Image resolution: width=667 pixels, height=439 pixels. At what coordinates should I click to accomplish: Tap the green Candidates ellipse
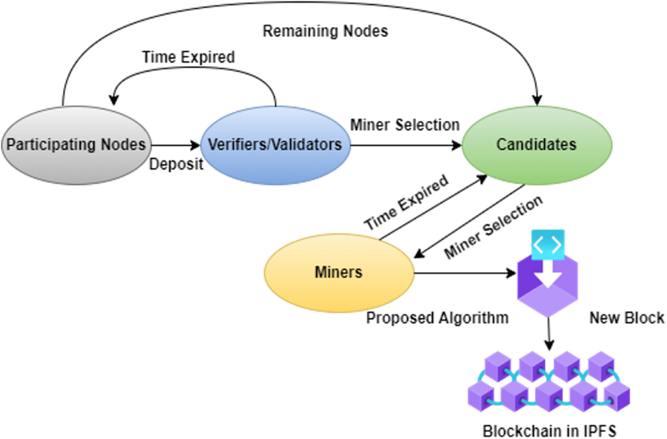point(536,145)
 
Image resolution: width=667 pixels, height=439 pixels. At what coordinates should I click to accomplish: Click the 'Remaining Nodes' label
point(325,31)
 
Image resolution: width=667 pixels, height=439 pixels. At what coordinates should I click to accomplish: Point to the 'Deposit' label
point(176,166)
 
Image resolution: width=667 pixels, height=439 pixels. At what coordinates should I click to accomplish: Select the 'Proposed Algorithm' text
point(437,318)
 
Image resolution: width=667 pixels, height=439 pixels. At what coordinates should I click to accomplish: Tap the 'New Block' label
point(626,318)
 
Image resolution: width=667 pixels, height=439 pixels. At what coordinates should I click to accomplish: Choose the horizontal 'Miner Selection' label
point(405,125)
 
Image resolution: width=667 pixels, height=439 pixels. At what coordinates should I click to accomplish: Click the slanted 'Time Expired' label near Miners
point(406,204)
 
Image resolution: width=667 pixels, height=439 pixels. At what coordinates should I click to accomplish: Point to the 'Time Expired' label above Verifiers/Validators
point(188,57)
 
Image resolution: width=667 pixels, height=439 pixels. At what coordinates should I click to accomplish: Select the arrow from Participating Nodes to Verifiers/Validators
point(175,146)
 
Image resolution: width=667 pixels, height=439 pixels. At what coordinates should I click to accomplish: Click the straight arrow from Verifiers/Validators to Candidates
point(406,146)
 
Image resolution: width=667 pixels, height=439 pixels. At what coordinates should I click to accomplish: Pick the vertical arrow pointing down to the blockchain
point(549,333)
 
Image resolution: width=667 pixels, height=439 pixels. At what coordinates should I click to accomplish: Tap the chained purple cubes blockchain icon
point(549,384)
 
